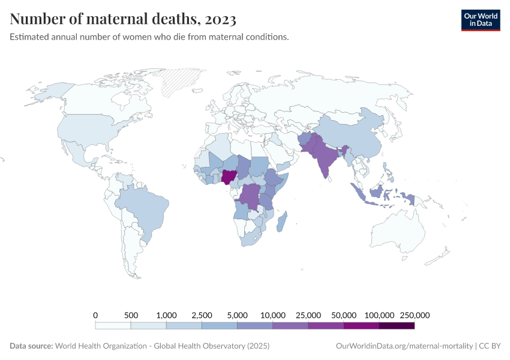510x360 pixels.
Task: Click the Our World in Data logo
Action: [480, 19]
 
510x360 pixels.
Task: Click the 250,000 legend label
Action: [413, 315]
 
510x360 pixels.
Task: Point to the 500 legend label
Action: [131, 315]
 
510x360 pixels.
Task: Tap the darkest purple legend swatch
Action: [397, 326]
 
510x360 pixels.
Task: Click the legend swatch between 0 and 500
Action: [113, 326]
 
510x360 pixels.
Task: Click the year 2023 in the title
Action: [220, 19]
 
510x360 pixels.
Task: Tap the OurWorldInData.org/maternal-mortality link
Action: [404, 346]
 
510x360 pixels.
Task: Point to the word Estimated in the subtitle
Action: [29, 37]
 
